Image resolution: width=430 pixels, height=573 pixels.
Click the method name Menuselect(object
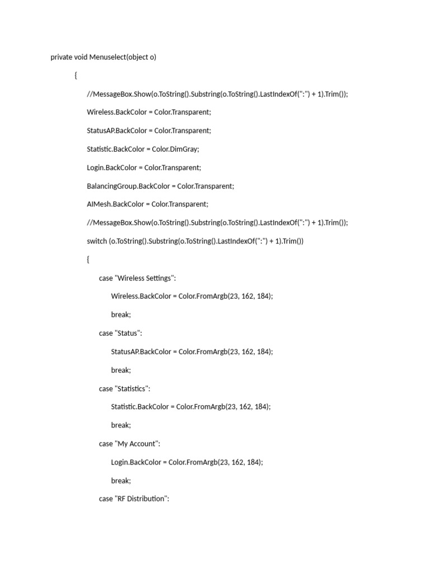(118, 57)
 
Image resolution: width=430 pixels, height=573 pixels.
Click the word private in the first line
(61, 57)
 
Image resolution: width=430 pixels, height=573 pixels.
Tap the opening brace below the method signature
(76, 76)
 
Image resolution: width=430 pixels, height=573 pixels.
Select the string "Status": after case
(129, 333)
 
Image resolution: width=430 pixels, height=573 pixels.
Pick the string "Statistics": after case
(133, 388)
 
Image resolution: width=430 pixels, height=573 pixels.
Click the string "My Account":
(138, 444)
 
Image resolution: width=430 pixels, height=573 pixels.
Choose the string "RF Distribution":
(142, 499)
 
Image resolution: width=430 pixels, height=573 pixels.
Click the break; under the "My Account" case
(121, 481)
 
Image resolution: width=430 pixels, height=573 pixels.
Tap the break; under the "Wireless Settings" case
(121, 314)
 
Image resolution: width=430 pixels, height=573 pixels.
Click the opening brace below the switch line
(88, 260)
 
